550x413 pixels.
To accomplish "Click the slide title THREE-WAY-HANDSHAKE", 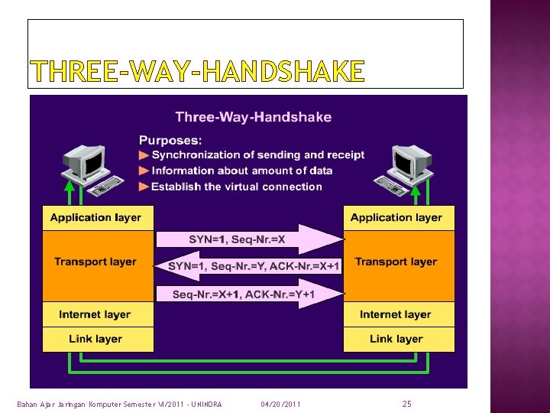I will coord(197,72).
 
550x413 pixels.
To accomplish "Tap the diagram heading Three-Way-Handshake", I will coord(253,117).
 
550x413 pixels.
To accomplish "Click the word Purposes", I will coord(170,140).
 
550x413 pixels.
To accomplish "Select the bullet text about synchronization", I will coord(257,155).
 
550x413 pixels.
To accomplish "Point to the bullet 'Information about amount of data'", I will coord(241,171).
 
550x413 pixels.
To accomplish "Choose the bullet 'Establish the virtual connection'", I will coord(236,187).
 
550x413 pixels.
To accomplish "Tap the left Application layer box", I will coord(95,218).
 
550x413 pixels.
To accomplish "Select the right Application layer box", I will coord(396,218).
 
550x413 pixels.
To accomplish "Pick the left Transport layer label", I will coord(95,262).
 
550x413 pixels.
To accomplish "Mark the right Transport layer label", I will coord(396,262).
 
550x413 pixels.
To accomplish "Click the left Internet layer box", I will coord(95,314).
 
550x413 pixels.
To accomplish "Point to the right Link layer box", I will coord(396,339).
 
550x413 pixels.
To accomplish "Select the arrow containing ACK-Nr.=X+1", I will coord(252,266).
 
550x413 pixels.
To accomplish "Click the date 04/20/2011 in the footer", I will coord(280,404).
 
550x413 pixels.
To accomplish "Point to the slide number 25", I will coord(406,403).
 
